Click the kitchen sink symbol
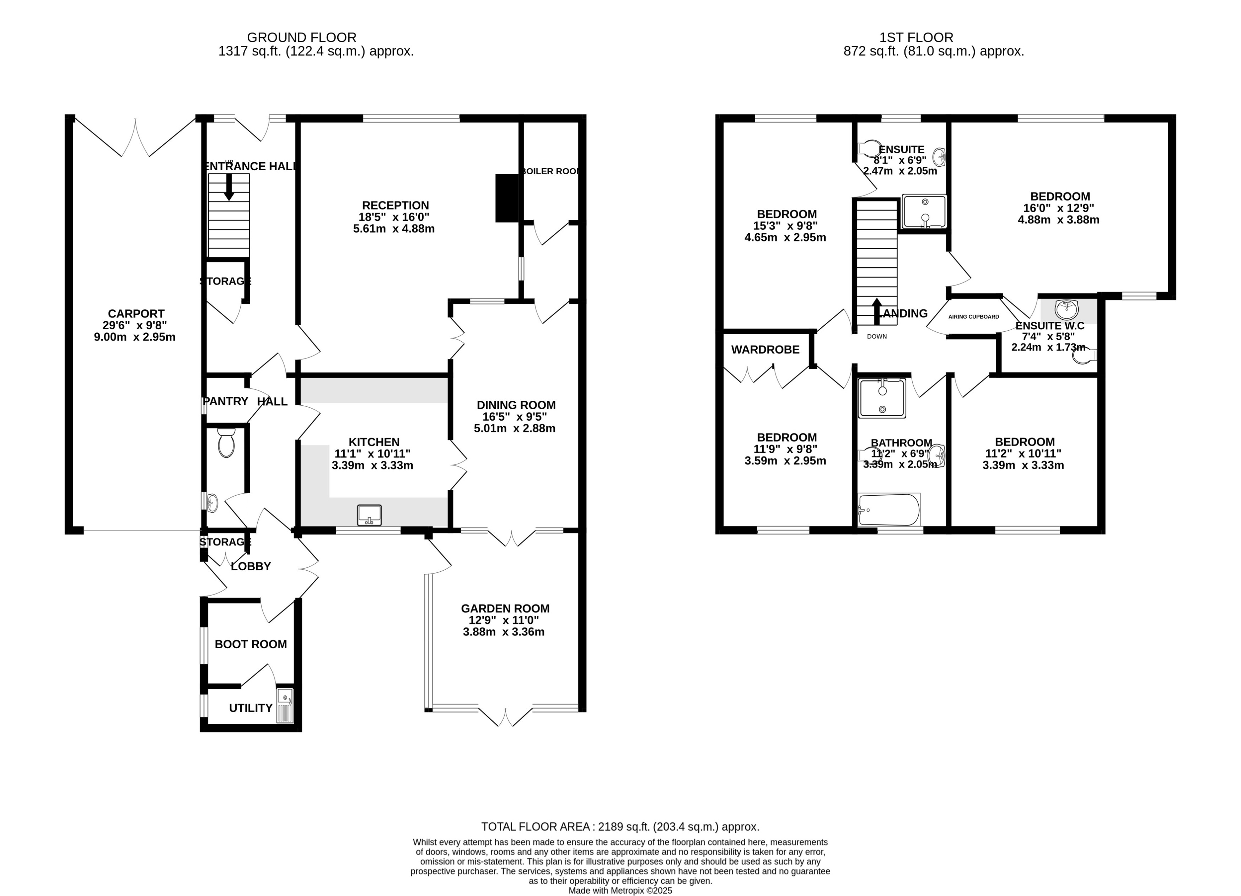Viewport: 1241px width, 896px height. point(369,515)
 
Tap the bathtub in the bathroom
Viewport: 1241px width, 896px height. point(888,510)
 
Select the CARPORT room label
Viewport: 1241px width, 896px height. point(136,314)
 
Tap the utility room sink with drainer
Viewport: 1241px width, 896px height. point(285,705)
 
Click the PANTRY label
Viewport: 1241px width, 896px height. point(225,401)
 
